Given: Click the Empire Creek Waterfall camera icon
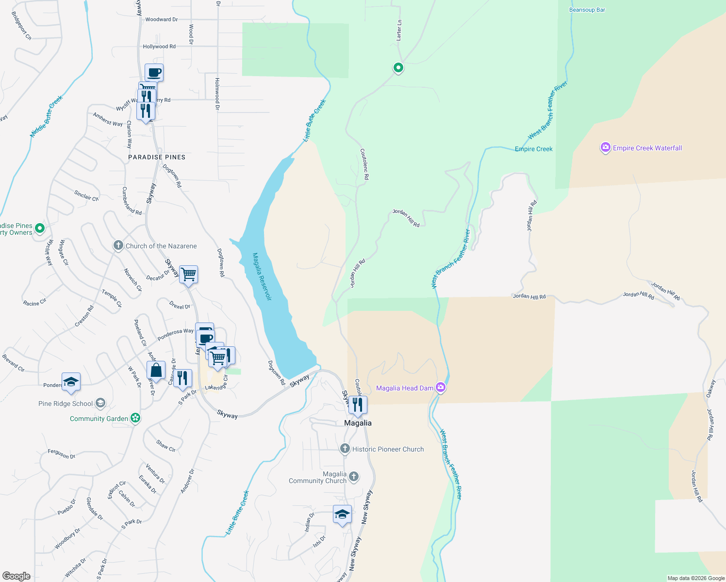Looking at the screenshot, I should pos(605,148).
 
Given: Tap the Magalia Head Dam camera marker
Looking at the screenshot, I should pos(441,387).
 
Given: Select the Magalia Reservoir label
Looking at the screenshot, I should pos(262,276).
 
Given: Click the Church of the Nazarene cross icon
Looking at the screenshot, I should pos(118,245).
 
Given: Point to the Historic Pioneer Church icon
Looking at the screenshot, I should pos(345,449).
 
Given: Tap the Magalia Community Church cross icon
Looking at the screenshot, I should pos(354,477).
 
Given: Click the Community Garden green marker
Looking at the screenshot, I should pos(135,418).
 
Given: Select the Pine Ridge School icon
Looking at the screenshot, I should pos(100,403).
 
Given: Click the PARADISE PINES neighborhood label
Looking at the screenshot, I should pos(157,157).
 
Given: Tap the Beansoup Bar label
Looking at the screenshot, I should pos(587,10).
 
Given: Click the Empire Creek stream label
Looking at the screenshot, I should pos(533,149).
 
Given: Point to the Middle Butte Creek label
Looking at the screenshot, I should pos(47,116).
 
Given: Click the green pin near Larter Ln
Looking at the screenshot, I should pos(398,68).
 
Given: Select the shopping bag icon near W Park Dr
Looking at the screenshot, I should pos(156,371).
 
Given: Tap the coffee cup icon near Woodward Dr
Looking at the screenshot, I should pos(154,73).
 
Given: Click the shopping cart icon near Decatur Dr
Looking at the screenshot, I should pos(188,275).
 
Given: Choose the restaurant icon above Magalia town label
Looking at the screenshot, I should pos(358,404).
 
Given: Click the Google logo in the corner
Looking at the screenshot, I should pos(16,576).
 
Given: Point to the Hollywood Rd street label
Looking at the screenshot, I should pos(159,47).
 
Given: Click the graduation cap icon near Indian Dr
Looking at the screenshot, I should pos(342,514).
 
